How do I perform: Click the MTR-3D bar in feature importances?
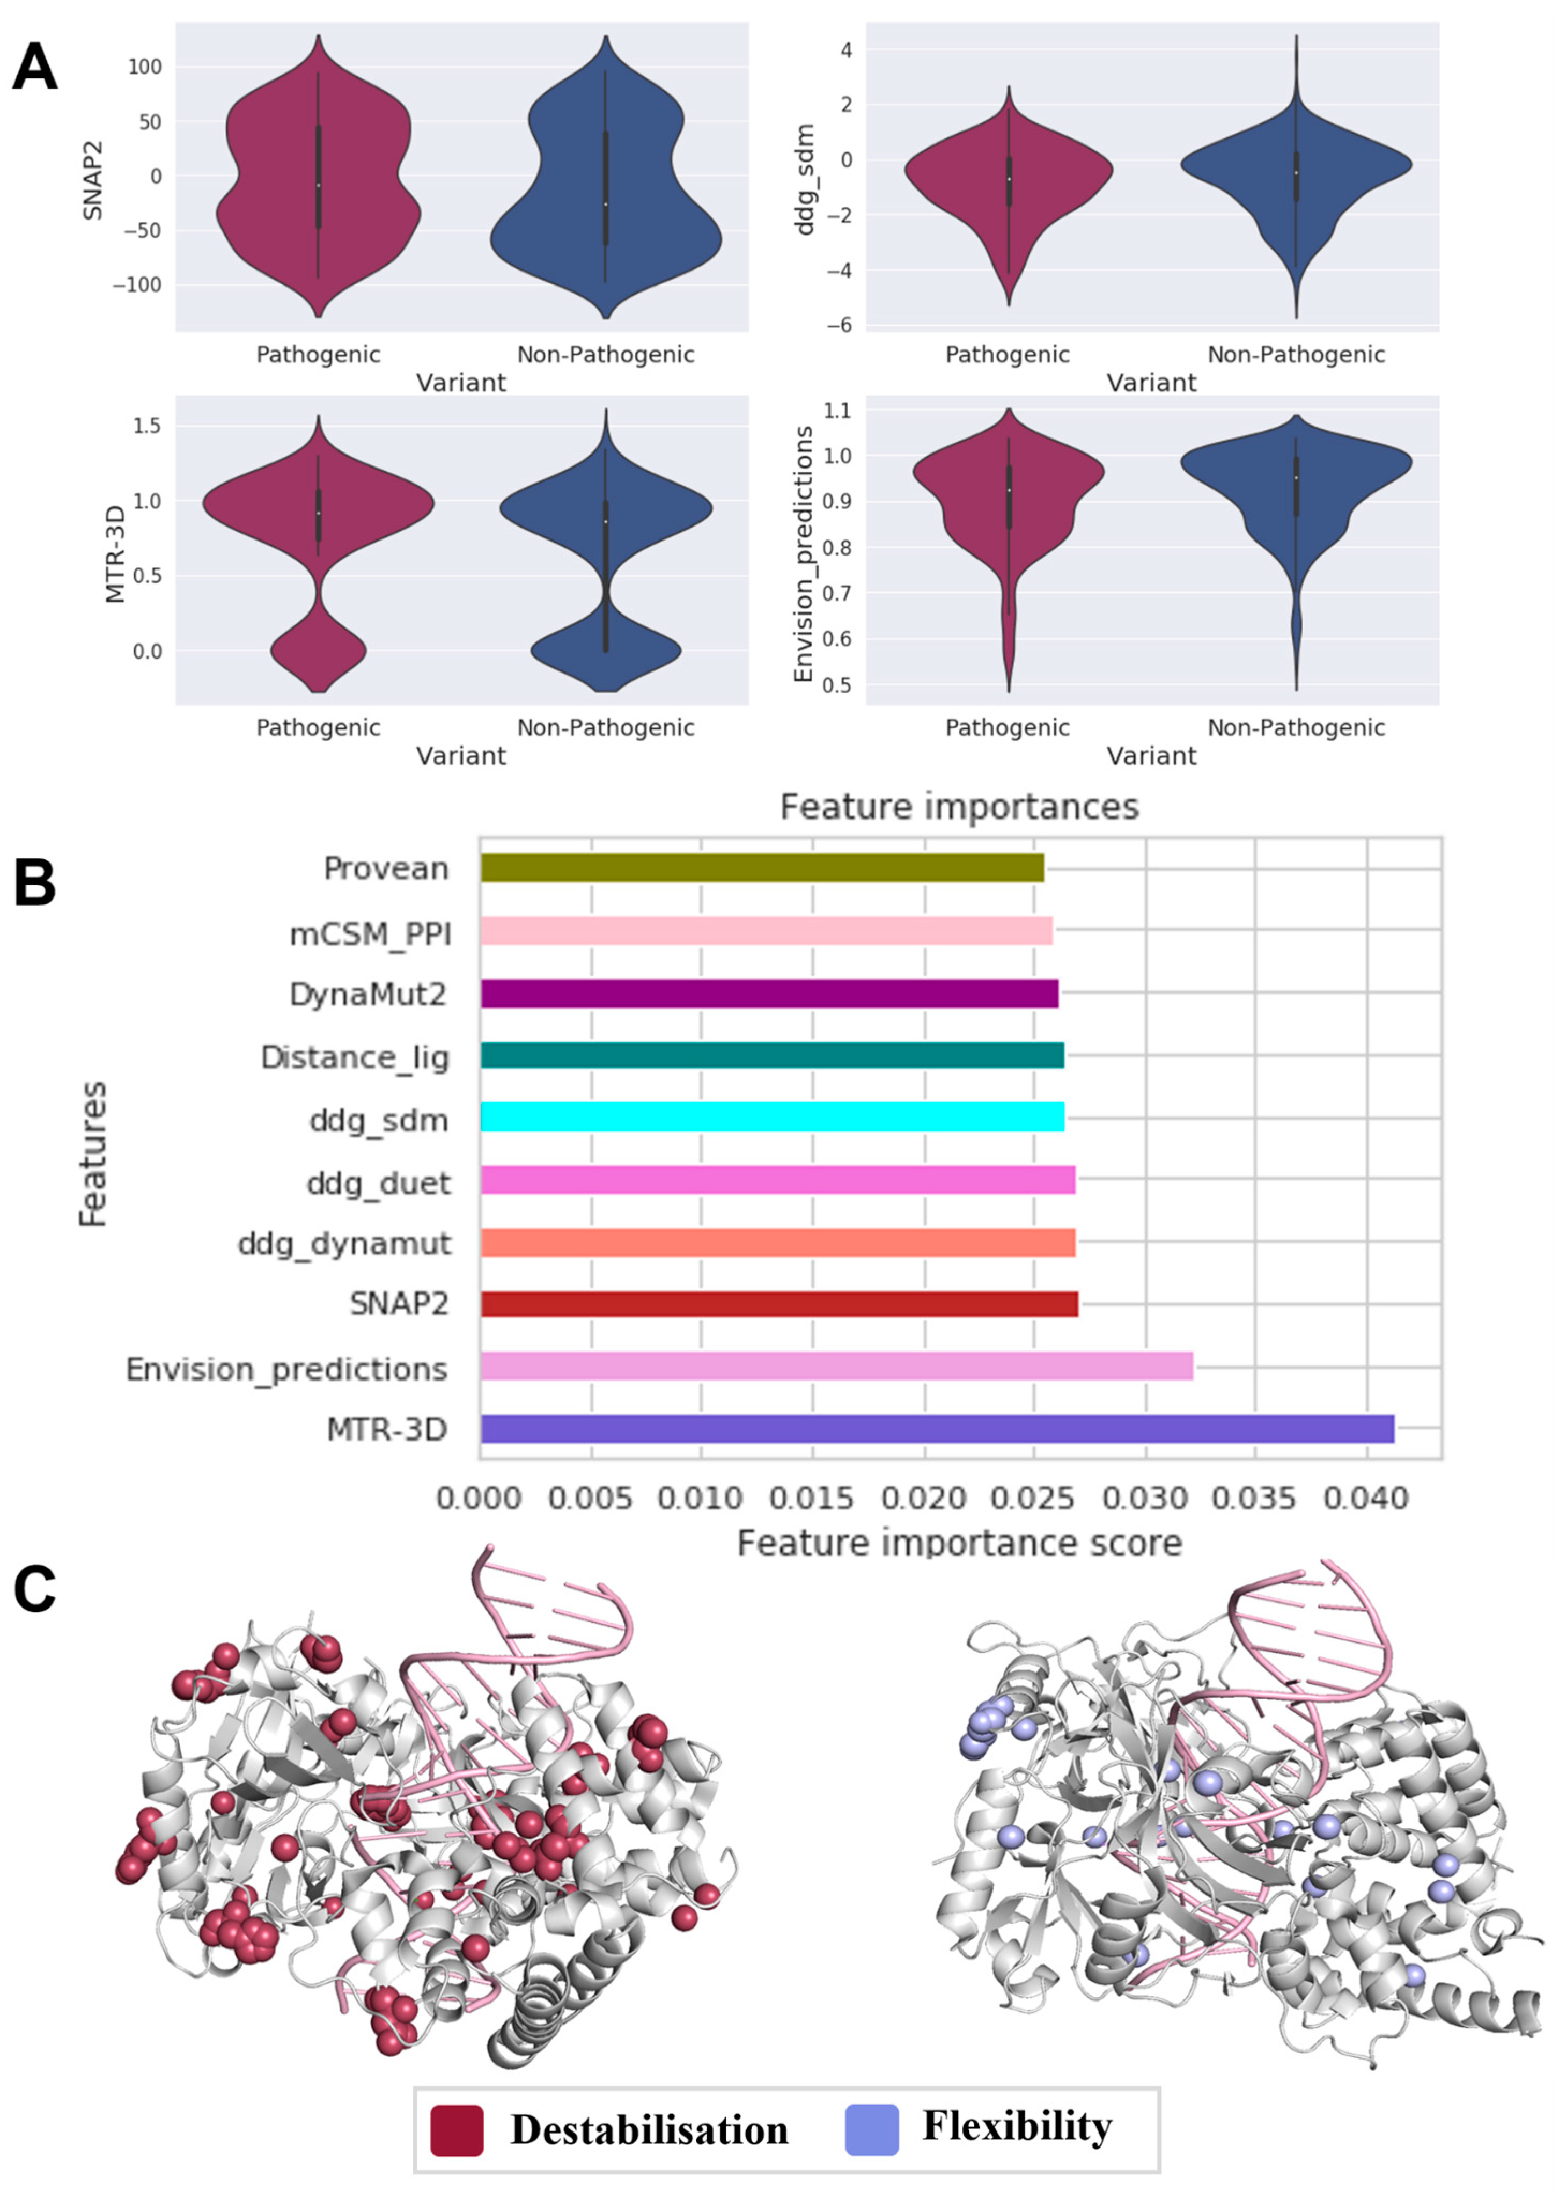coord(936,1429)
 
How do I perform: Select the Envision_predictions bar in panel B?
coord(835,1365)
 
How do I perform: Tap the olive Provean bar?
coord(761,868)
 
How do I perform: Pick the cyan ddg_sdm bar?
coord(772,1117)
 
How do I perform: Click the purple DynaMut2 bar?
coord(768,993)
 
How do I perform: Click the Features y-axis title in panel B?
coord(93,1153)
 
